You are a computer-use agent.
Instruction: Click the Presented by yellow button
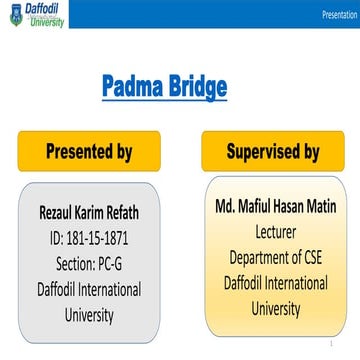click(89, 152)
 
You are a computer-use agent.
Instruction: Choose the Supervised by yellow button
click(272, 152)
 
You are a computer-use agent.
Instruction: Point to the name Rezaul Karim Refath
click(89, 213)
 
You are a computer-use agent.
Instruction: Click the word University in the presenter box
click(89, 314)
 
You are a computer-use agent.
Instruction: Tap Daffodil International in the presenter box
click(89, 289)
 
